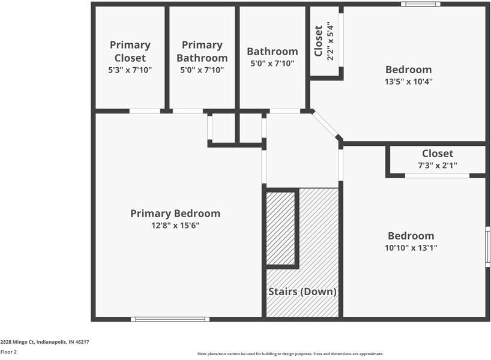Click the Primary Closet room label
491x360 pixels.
coord(130,51)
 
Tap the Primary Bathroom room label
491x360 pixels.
coord(202,51)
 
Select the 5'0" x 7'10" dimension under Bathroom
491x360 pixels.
coord(272,63)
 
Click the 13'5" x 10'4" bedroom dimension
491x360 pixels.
coord(408,81)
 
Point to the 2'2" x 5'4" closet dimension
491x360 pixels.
coord(330,41)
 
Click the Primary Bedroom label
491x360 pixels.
coord(175,214)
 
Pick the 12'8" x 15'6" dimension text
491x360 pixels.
coord(175,226)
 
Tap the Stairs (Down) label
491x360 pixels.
coord(302,292)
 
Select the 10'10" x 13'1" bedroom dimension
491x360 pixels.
coord(411,247)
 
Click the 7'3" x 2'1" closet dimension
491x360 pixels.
coord(438,165)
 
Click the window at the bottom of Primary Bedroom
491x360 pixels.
coord(170,319)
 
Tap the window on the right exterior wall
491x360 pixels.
coord(487,247)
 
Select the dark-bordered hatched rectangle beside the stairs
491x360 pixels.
coord(282,228)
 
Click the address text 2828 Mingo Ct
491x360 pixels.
coord(45,341)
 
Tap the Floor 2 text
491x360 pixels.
coord(8,352)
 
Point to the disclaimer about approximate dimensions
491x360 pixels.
coord(291,354)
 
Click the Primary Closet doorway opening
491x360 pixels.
coord(145,111)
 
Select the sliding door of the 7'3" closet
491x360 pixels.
coord(437,176)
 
